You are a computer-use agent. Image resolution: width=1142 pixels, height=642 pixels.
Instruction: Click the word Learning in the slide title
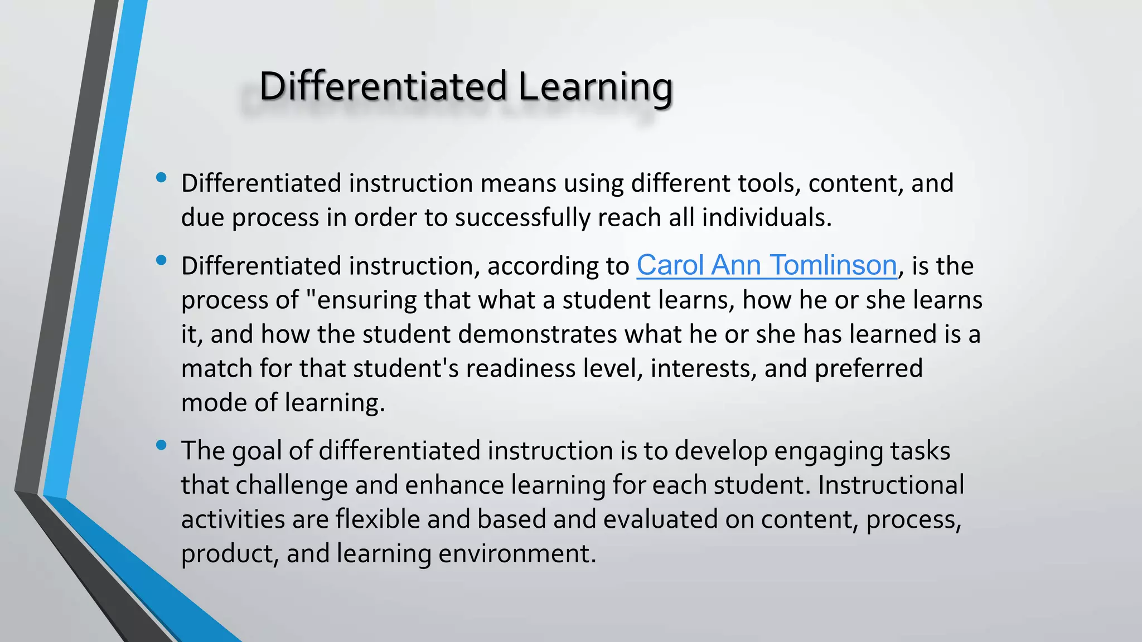pyautogui.click(x=595, y=87)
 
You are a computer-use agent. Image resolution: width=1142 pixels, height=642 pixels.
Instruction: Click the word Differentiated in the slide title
pyautogui.click(x=383, y=87)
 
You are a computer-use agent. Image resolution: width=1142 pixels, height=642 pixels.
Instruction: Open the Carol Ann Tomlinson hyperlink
pyautogui.click(x=767, y=265)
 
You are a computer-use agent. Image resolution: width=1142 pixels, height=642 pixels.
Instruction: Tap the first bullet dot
pyautogui.click(x=162, y=178)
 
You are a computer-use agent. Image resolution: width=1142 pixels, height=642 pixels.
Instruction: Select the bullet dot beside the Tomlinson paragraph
pyautogui.click(x=162, y=260)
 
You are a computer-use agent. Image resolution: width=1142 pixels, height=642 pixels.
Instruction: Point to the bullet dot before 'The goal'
pyautogui.click(x=162, y=445)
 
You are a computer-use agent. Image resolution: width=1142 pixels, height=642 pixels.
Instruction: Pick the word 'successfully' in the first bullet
pyautogui.click(x=522, y=217)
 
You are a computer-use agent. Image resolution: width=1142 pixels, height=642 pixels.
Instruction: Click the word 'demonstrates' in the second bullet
pyautogui.click(x=537, y=334)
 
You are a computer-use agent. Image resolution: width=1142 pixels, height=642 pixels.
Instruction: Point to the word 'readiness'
pyautogui.click(x=520, y=369)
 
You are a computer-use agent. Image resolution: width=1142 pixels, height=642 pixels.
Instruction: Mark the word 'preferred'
pyautogui.click(x=868, y=369)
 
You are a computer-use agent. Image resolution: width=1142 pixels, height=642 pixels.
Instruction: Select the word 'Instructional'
pyautogui.click(x=891, y=485)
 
